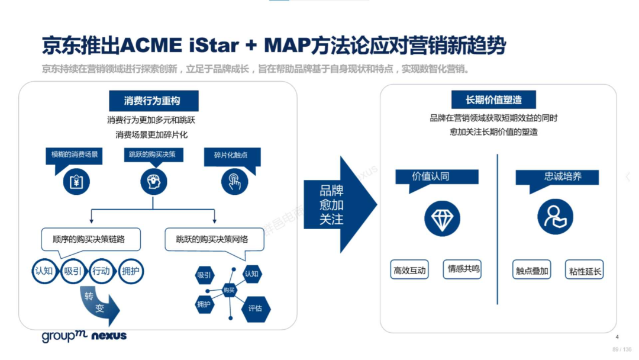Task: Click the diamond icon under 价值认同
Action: coord(442,218)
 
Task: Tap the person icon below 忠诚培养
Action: coord(555,217)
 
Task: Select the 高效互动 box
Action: coord(409,269)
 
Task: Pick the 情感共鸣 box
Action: coord(462,269)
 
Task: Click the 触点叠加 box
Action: coord(532,269)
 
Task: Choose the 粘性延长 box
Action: coord(585,269)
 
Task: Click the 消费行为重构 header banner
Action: coord(154,101)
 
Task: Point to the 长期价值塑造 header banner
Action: coord(493,100)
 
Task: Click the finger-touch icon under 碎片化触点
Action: coord(234,182)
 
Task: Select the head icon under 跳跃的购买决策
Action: coord(154,181)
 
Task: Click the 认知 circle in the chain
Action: coord(44,271)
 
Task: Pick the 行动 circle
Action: coord(101,271)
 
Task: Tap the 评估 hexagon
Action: coord(256,308)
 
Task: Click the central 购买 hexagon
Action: coord(229,290)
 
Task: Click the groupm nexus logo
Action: coord(85,336)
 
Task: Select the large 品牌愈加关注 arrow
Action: coord(340,205)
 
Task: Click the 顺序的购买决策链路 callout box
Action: coord(91,241)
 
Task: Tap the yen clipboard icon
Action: coord(76,182)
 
